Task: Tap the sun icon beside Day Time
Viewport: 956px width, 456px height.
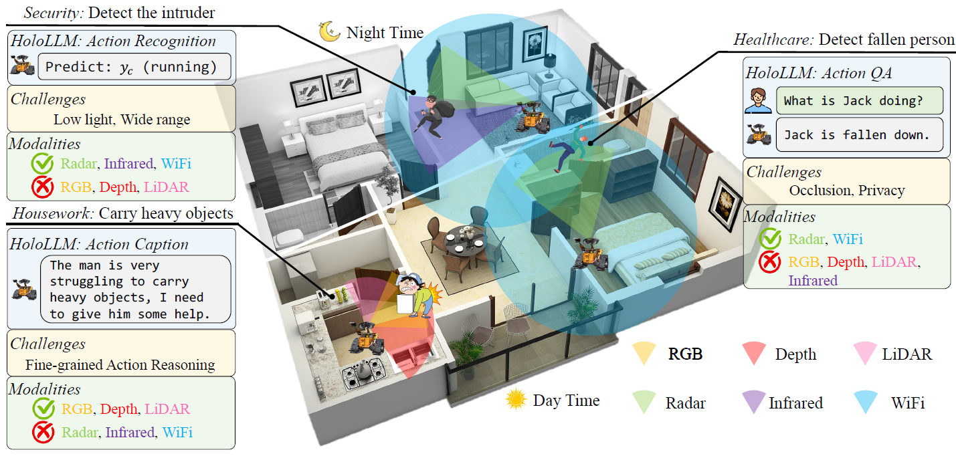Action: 516,400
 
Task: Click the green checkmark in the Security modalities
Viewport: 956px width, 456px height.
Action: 41,162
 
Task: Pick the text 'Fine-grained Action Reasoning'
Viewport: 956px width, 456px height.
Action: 120,365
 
